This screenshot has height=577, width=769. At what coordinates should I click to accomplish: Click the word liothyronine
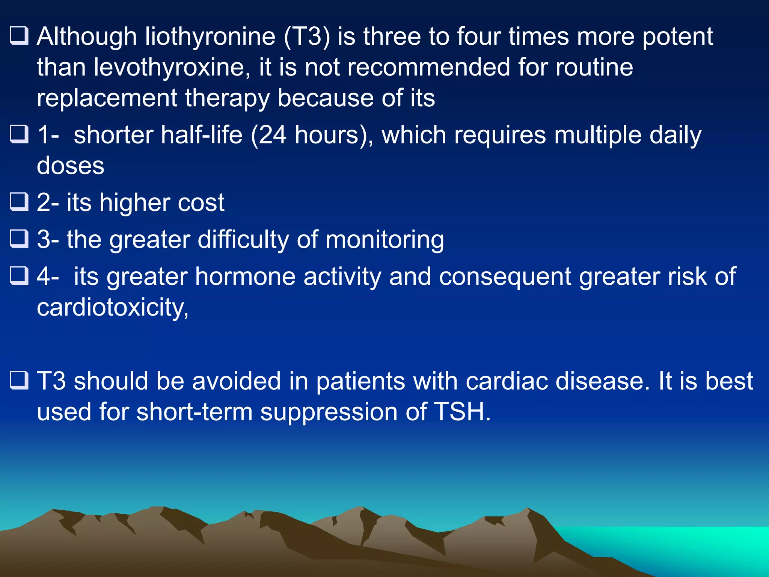coord(210,37)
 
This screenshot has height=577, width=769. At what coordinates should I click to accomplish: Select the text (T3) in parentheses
coord(307,37)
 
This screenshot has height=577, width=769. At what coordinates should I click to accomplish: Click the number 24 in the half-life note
coord(273,135)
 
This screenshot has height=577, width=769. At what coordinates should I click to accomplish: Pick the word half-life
coord(201,135)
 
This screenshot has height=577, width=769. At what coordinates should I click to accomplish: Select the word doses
coord(71,166)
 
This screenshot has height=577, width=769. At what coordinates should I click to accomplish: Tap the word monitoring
coord(384,240)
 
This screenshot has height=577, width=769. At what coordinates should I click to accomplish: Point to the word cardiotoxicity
coord(113,308)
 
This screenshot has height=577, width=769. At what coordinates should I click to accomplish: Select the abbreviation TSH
coord(462,412)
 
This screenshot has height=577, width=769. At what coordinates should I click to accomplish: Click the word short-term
coord(195,412)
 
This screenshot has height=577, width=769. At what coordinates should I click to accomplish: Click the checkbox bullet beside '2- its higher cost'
coord(19,202)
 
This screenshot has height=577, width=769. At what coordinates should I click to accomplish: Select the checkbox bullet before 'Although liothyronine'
coord(19,36)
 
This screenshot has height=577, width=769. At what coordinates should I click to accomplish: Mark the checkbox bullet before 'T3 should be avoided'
coord(19,380)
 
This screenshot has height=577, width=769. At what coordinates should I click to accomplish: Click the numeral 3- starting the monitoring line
coord(48,240)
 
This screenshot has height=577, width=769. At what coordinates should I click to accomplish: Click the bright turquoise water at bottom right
coord(695,545)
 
